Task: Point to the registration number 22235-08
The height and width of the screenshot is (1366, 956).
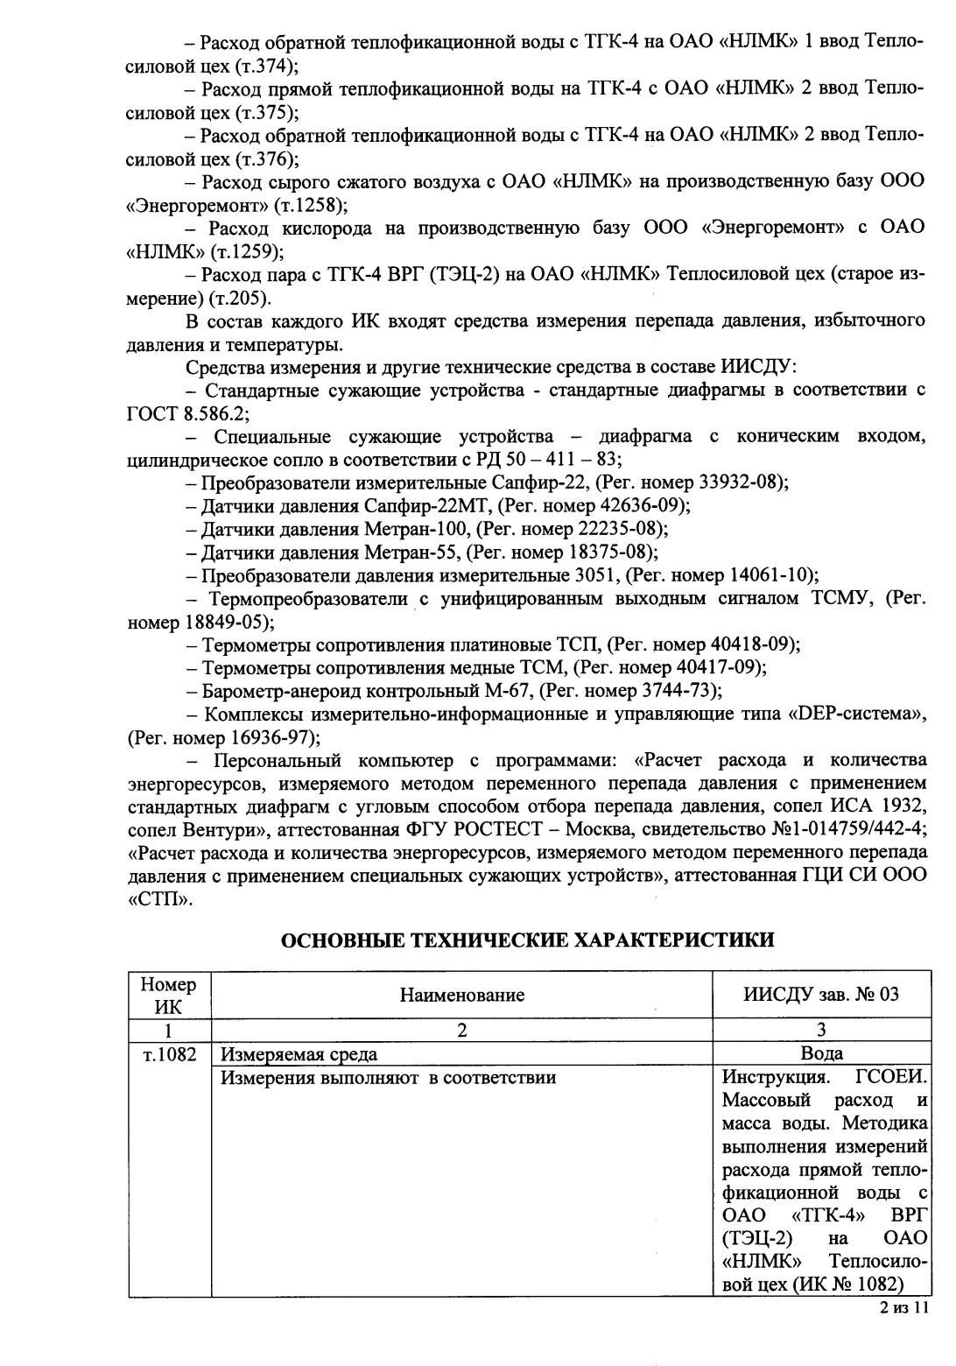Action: pos(620,529)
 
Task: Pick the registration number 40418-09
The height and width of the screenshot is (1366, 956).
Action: pos(752,645)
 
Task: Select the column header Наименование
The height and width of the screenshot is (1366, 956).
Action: pos(462,995)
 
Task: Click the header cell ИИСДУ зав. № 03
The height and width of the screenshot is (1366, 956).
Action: pos(821,995)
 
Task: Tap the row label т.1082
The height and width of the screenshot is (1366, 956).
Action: pos(169,1054)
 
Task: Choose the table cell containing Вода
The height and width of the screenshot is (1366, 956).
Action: pos(822,1054)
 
